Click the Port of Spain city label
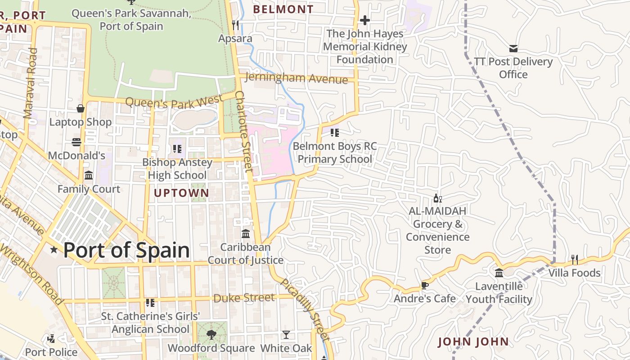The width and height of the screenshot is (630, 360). [x=126, y=250]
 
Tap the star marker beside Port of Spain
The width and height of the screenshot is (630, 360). [x=54, y=249]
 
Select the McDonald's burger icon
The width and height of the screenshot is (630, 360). [x=76, y=142]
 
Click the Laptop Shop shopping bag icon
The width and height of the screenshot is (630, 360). [x=81, y=108]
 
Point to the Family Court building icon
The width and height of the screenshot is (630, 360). [x=89, y=175]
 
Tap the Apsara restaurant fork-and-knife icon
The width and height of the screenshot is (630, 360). [x=235, y=25]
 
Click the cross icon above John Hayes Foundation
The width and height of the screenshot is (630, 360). [x=365, y=20]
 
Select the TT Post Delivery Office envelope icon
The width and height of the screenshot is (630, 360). [x=513, y=48]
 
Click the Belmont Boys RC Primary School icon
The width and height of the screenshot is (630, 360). [x=334, y=133]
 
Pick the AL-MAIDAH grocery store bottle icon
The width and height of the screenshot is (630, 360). [x=437, y=198]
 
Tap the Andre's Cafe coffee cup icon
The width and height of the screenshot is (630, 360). [x=424, y=285]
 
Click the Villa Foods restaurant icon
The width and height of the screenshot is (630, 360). [x=575, y=259]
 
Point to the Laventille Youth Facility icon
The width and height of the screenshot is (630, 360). [x=499, y=273]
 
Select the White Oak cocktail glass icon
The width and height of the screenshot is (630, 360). [x=286, y=334]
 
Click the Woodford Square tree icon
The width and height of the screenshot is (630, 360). [x=211, y=334]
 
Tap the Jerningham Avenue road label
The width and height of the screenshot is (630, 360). [x=296, y=78]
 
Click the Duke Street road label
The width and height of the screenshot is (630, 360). [x=244, y=298]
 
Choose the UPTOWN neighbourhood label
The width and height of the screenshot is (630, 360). [x=181, y=193]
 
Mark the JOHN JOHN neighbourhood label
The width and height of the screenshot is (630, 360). [x=473, y=342]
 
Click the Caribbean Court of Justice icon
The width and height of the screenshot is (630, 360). [x=246, y=234]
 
